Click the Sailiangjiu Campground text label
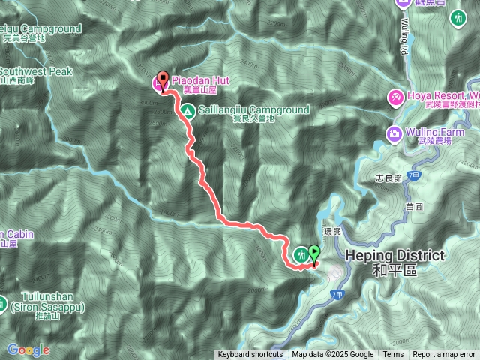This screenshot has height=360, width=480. click(254, 109)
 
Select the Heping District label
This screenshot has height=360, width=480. click(394, 256)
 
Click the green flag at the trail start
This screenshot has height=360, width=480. click(314, 254)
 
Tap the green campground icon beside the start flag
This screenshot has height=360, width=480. click(301, 254)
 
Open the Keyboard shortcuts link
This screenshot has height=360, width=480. click(250, 355)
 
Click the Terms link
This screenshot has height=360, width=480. click(393, 355)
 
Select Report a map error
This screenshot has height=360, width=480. click(444, 355)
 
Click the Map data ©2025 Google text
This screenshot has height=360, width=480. click(332, 355)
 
